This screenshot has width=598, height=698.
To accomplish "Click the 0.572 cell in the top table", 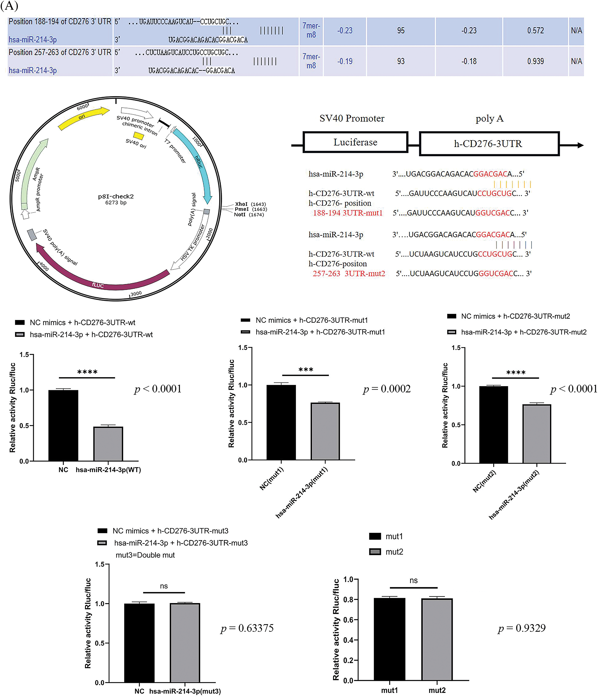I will [x=535, y=31].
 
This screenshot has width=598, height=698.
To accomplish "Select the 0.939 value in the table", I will [x=535, y=61].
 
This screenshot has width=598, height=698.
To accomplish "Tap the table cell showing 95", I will [x=401, y=31].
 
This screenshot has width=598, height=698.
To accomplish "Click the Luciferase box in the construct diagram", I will [x=355, y=142].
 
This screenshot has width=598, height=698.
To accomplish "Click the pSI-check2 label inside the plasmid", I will [x=116, y=196].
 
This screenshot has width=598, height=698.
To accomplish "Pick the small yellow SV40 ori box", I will [x=139, y=136].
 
